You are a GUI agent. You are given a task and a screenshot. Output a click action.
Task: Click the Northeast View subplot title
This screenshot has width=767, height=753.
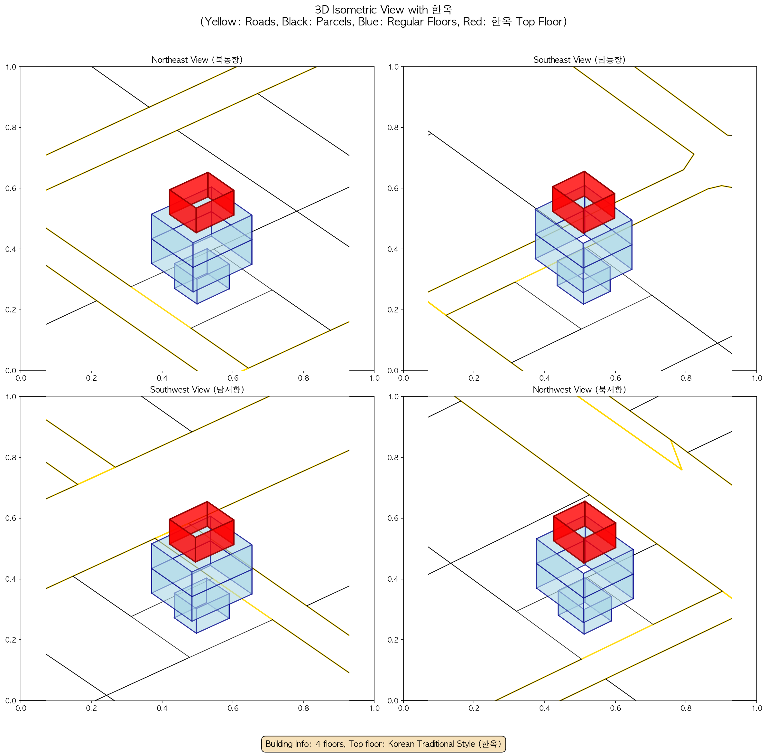pos(197,60)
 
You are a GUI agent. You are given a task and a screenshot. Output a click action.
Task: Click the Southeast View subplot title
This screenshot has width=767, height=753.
pos(579,60)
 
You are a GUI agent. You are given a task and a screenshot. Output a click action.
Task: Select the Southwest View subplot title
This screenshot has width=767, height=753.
pos(197,390)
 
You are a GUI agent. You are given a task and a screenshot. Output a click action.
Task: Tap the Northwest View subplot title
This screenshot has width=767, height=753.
pos(579,390)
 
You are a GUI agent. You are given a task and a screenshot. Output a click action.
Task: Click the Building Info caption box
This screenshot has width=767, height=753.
pos(383,744)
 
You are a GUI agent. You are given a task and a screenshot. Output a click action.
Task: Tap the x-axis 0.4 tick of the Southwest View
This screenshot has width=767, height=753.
pos(162,708)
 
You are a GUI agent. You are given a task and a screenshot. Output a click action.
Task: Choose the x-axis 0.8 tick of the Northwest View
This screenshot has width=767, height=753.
pos(686,708)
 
